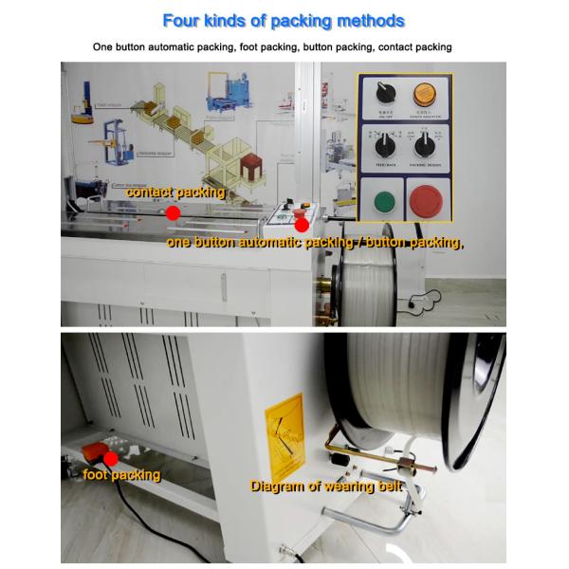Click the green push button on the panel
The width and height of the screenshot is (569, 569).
click(384, 202)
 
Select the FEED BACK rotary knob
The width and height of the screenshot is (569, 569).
click(383, 147)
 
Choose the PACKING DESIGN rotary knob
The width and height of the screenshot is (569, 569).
click(423, 147)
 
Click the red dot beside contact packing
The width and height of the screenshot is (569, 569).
click(173, 213)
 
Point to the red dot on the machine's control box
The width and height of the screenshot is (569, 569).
click(301, 224)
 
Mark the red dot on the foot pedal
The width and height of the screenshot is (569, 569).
click(110, 458)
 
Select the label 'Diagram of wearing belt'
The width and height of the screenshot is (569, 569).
click(326, 486)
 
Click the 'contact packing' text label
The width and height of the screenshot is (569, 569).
click(175, 193)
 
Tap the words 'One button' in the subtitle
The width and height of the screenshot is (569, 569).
click(119, 46)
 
